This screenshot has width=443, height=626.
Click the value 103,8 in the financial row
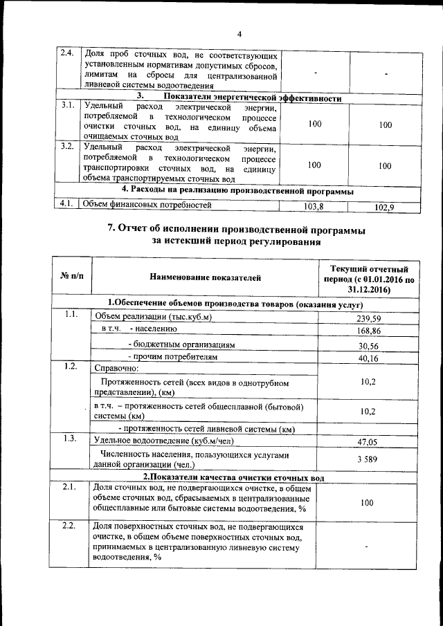pyautogui.click(x=314, y=206)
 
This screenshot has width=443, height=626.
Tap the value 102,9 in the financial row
pyautogui.click(x=384, y=207)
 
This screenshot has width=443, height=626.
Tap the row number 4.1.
pyautogui.click(x=67, y=204)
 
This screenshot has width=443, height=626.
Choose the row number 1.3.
pyautogui.click(x=70, y=438)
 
